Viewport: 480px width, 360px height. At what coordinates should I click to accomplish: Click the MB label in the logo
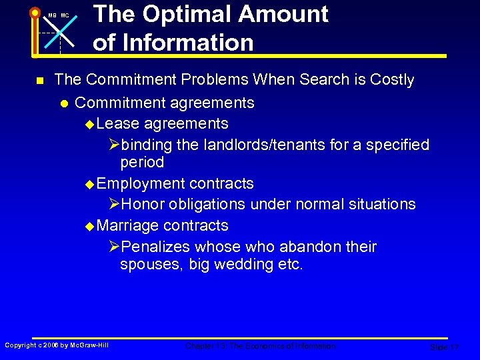(x=52, y=15)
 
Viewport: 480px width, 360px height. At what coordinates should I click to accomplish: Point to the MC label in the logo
(x=65, y=15)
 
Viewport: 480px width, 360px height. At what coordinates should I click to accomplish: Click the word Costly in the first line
(x=390, y=80)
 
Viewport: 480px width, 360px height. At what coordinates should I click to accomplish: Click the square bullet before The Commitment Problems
(x=39, y=81)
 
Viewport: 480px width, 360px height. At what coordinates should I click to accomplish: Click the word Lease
(x=117, y=124)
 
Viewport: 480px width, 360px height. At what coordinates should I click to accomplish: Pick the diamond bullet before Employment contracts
(x=91, y=184)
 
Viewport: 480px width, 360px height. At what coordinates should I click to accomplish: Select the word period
(x=142, y=163)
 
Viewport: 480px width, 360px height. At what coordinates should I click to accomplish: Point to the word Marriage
(x=127, y=225)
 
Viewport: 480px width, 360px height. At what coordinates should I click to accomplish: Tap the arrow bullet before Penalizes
(x=114, y=247)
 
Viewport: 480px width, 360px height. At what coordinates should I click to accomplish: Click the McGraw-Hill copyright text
(x=57, y=345)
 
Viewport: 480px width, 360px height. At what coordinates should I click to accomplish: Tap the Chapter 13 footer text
(x=261, y=346)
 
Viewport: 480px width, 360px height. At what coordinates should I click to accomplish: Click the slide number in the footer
(x=444, y=347)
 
